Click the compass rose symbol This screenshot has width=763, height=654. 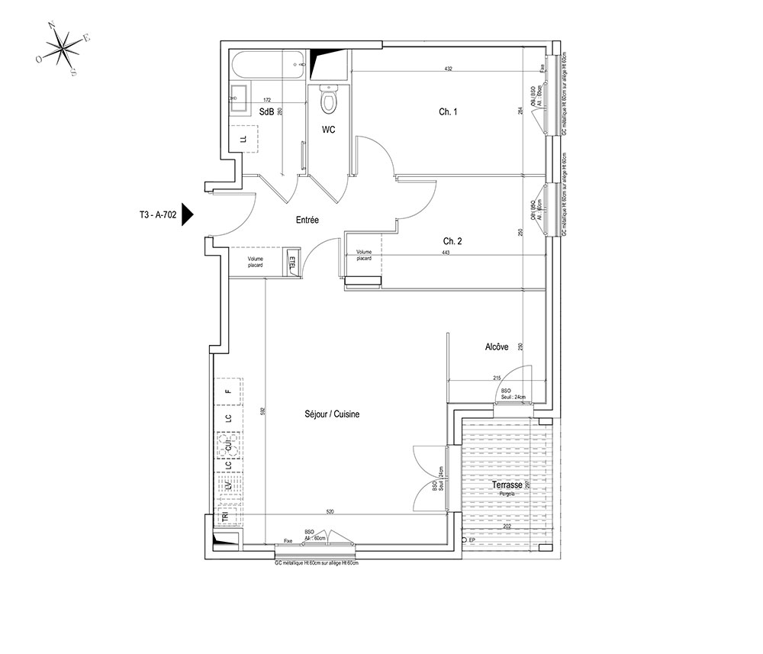63,49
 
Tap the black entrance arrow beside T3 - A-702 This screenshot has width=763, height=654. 188,215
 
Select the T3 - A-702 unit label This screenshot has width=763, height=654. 153,215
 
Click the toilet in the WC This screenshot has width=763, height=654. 329,98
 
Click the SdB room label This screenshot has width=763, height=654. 266,111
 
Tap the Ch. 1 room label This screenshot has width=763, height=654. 448,112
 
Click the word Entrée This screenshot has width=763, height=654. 307,220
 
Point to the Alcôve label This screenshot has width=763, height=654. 497,347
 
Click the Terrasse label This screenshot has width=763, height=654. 507,485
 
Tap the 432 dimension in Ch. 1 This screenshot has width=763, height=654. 449,69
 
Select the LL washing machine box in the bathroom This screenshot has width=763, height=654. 243,138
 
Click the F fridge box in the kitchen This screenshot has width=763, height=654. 228,391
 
